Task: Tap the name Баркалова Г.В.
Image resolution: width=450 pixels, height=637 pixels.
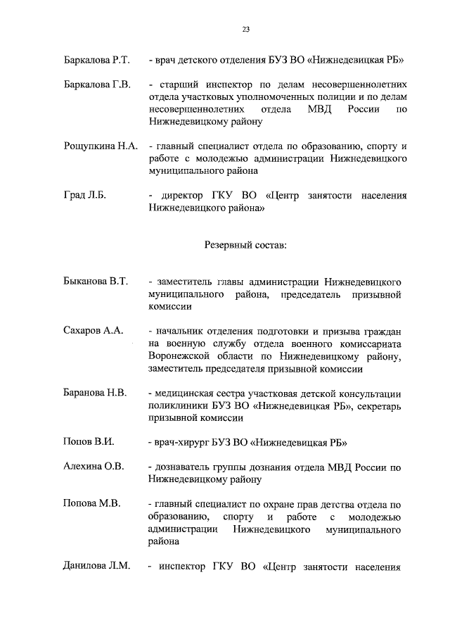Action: (96, 86)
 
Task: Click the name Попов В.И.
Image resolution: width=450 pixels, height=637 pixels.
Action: (89, 443)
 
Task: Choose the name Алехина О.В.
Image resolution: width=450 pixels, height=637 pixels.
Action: (94, 467)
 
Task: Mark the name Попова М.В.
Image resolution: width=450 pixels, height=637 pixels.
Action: (91, 505)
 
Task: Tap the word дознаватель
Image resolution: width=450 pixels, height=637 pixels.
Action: (184, 467)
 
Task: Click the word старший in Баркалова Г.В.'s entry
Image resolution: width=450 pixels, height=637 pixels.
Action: (179, 86)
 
